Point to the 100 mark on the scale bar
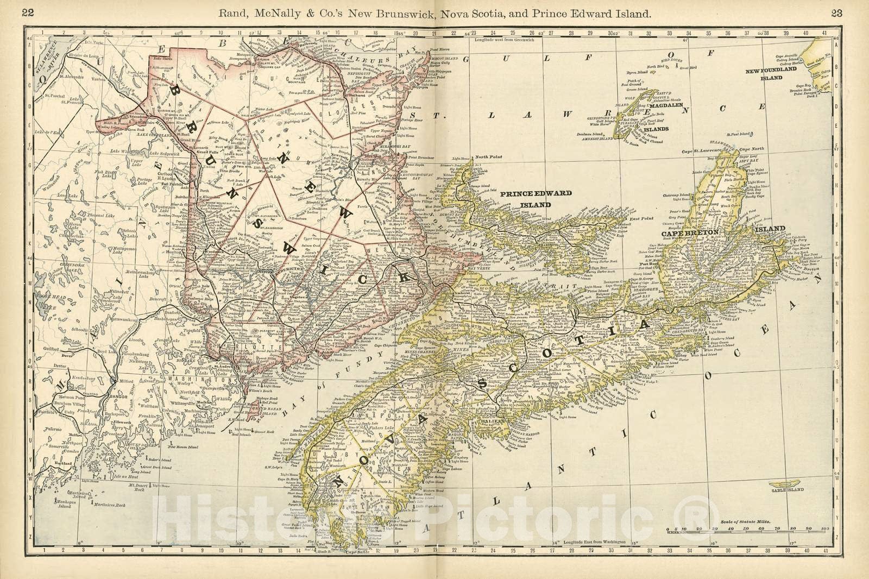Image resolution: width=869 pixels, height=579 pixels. coord(825,527)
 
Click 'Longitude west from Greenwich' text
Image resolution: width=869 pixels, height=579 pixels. coord(504,40)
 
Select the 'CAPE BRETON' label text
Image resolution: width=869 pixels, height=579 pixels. coord(690,232)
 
